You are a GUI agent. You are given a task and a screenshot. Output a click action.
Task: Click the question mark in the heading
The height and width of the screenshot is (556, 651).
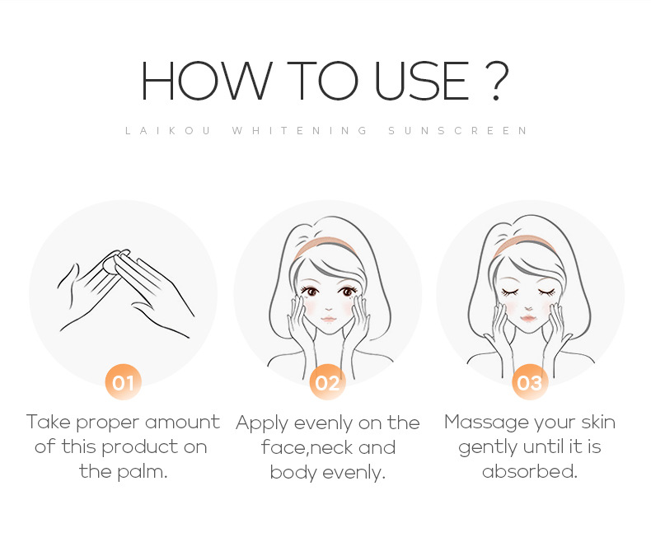496,81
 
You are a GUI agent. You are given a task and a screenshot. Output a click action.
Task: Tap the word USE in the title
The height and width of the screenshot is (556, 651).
422,81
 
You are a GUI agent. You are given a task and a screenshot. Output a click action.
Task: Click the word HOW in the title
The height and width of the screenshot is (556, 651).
207,81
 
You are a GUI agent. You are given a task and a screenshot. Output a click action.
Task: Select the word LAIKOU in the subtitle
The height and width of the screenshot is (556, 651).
168,131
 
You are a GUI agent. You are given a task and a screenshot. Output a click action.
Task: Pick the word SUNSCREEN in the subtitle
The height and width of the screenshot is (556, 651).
457,131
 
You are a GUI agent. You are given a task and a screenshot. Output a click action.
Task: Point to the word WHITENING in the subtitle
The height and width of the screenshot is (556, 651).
300,131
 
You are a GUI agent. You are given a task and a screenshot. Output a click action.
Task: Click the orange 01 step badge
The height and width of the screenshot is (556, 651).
124,382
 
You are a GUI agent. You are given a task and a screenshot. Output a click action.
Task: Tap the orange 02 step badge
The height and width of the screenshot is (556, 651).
328,382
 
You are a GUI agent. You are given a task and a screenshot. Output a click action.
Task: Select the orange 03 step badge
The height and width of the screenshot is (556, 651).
530,382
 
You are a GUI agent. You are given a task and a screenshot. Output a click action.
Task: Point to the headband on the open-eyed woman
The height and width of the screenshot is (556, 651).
325,248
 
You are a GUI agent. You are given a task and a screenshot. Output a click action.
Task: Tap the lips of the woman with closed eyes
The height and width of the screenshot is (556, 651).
528,319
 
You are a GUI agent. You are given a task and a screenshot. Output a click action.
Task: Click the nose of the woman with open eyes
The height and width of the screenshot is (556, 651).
329,309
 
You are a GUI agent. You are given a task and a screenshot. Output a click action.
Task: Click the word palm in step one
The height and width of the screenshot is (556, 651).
143,472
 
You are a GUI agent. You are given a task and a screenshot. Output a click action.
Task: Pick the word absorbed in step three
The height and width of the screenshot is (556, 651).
530,472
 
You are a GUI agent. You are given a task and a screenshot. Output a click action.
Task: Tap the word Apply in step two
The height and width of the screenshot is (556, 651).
262,424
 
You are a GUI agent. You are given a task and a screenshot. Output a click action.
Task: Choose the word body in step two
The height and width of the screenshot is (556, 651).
293,473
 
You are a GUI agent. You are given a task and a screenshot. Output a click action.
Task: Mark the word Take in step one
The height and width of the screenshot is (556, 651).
49,422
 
